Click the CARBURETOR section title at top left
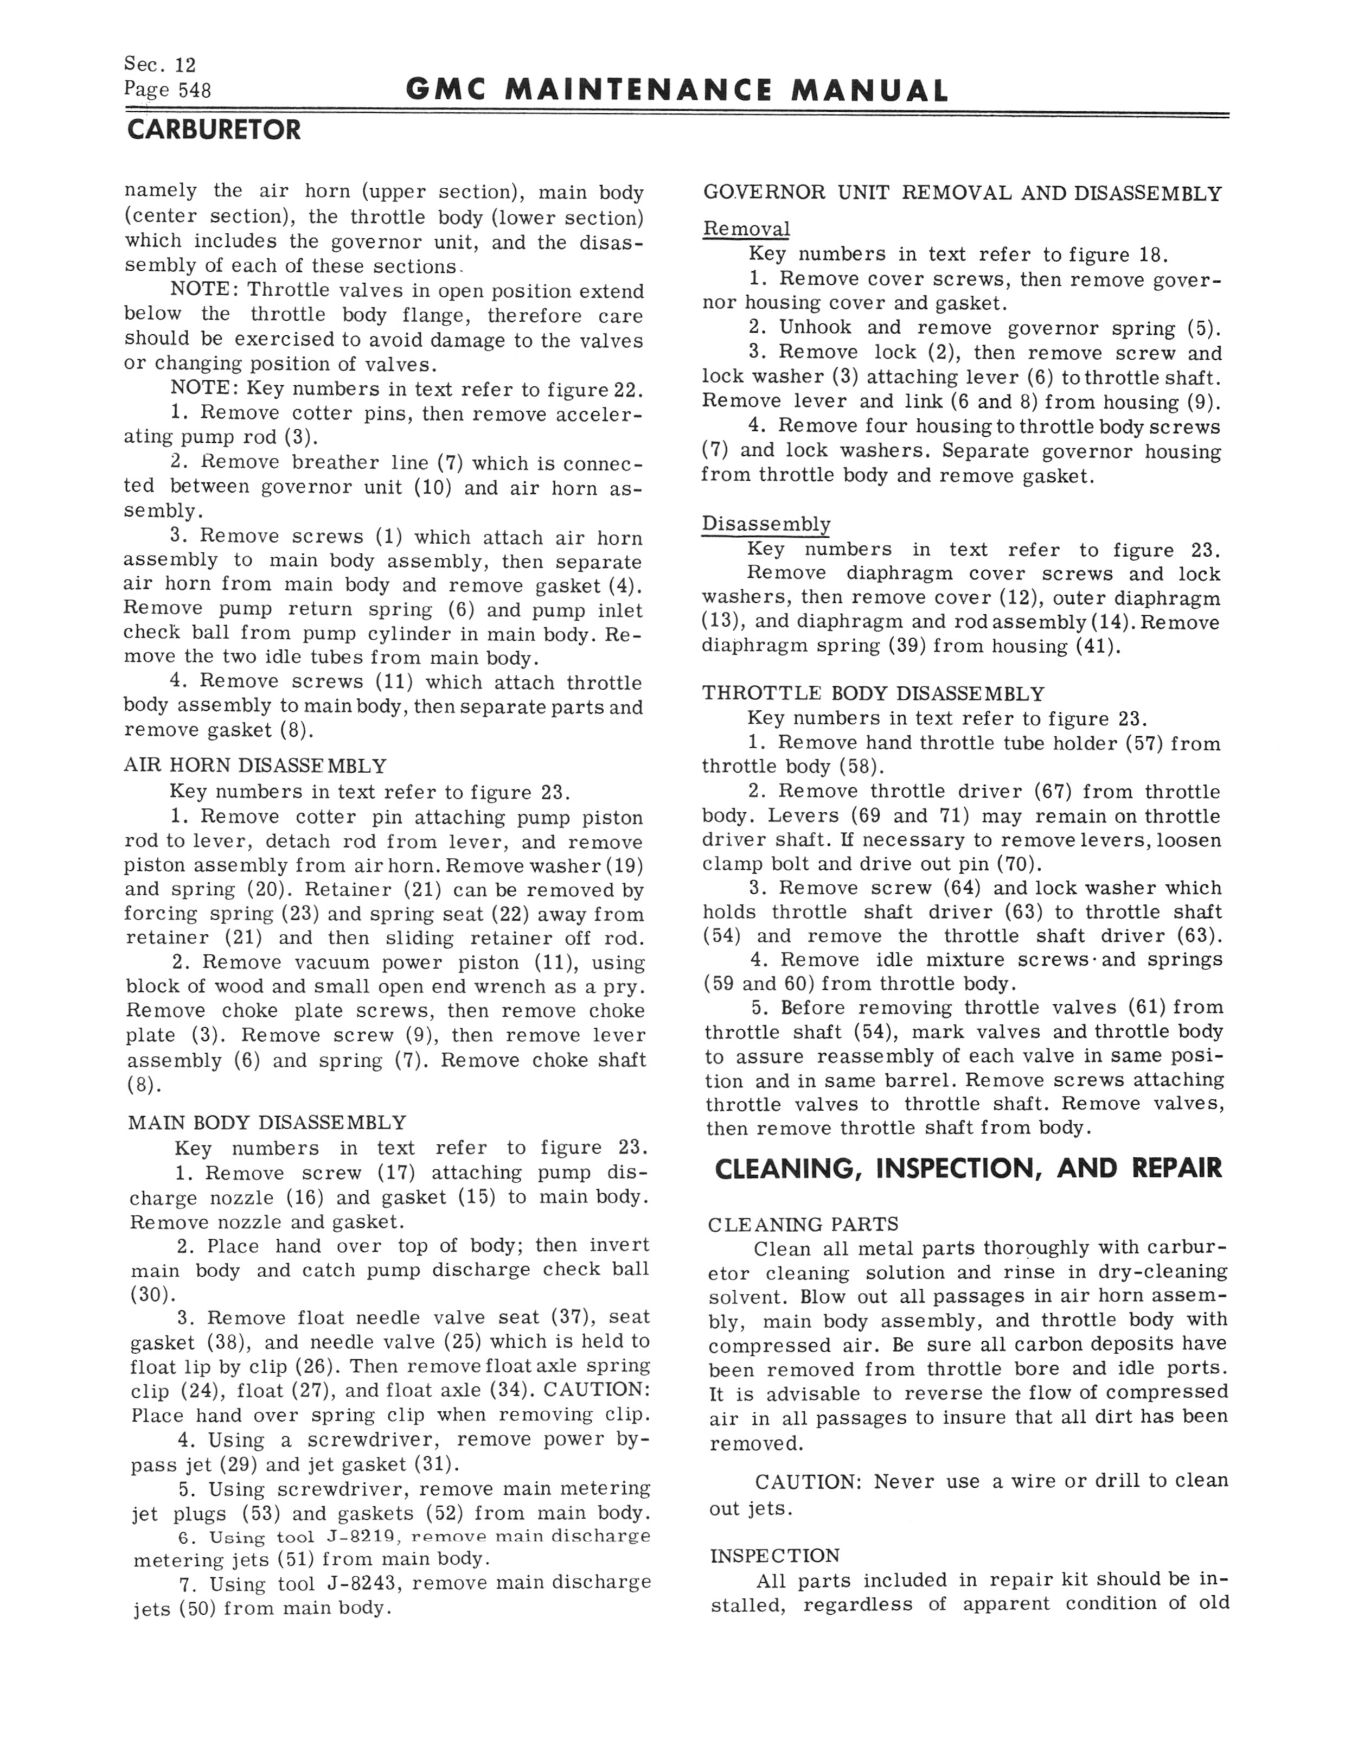[214, 130]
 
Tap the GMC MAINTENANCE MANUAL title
[676, 91]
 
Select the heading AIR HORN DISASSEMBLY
[254, 766]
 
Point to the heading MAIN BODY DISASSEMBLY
[267, 1123]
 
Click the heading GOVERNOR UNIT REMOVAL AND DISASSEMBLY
[962, 194]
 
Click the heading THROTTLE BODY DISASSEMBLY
[874, 693]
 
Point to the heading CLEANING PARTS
[803, 1224]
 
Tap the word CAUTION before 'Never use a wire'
[807, 1481]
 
